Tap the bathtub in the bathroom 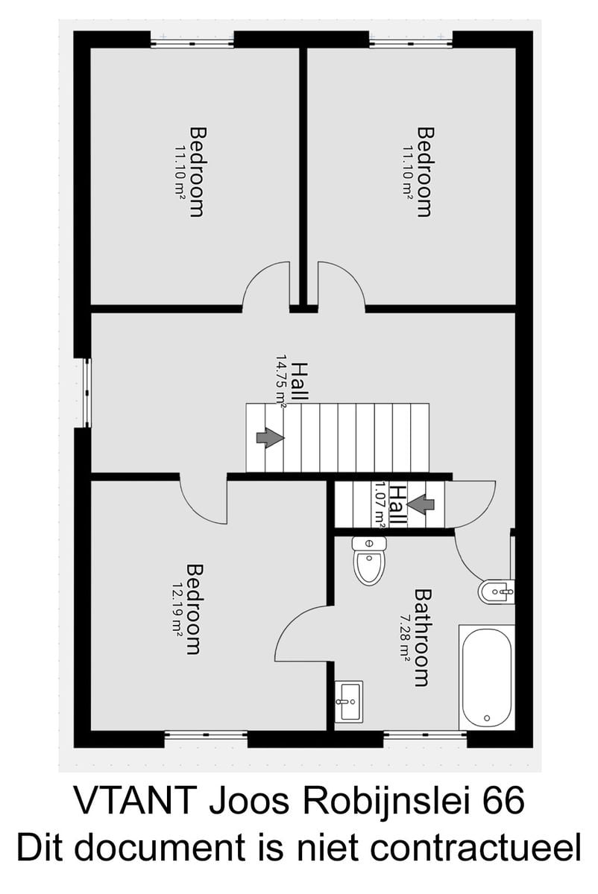pos(487,678)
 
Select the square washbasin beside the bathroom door pos(349,701)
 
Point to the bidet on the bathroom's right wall pos(496,592)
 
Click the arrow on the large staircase pos(271,438)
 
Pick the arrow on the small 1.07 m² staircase pos(421,504)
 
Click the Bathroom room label pos(423,638)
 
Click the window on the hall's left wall pos(87,393)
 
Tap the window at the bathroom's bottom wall pos(425,734)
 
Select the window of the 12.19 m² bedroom pos(206,734)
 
